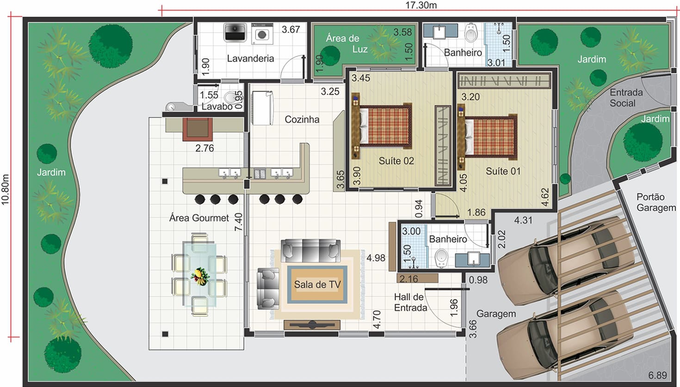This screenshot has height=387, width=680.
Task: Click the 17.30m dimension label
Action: [x=421, y=5]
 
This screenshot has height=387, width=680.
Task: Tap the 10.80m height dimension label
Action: [x=5, y=190]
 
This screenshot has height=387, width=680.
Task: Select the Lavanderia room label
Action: [x=250, y=58]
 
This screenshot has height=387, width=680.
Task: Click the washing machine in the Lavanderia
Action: [x=262, y=34]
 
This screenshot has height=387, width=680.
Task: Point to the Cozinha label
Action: [x=302, y=120]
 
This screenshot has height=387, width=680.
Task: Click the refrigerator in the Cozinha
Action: [x=263, y=108]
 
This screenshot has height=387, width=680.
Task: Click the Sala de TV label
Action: [x=317, y=284]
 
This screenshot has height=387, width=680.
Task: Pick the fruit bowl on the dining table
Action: [x=200, y=276]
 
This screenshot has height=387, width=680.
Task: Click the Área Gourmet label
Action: [x=199, y=218]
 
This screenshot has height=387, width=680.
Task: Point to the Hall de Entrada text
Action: [x=410, y=302]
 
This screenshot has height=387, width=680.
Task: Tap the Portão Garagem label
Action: [x=656, y=202]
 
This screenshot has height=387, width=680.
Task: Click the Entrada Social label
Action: [x=626, y=97]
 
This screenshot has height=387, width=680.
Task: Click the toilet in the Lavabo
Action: [x=231, y=97]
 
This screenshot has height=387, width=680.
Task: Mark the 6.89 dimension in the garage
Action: [x=657, y=375]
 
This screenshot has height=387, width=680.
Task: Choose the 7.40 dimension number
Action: [x=239, y=222]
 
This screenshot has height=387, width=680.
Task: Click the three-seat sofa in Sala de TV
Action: [x=310, y=250]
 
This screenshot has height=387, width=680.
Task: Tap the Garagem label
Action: [x=496, y=314]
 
